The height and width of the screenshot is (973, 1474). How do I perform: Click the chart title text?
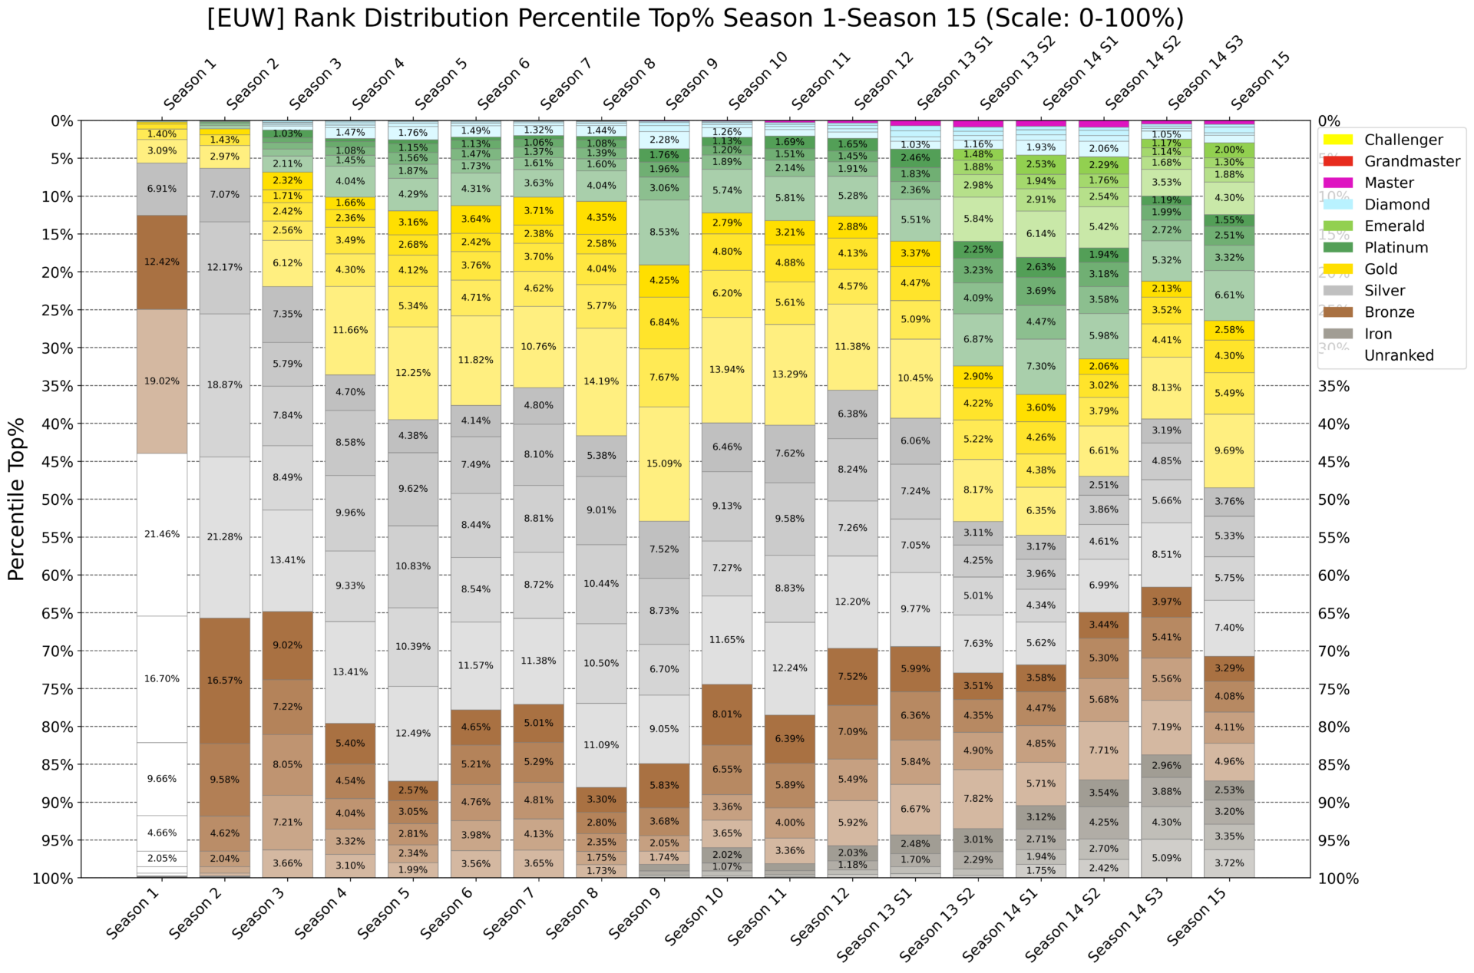coord(695,18)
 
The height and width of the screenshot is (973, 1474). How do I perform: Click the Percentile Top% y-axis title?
coord(17,499)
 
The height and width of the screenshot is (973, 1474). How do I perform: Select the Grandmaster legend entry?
coord(1411,161)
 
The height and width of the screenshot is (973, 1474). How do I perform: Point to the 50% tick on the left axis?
coord(58,500)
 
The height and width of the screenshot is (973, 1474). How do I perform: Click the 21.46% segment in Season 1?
coord(162,534)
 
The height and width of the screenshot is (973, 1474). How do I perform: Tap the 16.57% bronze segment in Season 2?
coord(225,681)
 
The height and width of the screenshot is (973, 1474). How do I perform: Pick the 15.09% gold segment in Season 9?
coord(664,463)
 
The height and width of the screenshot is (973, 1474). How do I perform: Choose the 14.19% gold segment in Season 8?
coord(601,381)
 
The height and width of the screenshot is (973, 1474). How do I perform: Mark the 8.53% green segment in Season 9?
coord(664,232)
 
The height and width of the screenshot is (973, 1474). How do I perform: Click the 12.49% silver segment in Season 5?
coord(413,733)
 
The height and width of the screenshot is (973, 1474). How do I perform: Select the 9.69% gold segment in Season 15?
coord(1229,450)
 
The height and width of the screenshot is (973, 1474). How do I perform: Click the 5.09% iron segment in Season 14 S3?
coord(1166,858)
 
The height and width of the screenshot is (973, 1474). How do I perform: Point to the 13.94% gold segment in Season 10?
coord(727,369)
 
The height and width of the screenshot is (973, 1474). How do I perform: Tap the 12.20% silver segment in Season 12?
coord(852,602)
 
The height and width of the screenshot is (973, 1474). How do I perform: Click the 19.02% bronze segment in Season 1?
coord(162,381)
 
